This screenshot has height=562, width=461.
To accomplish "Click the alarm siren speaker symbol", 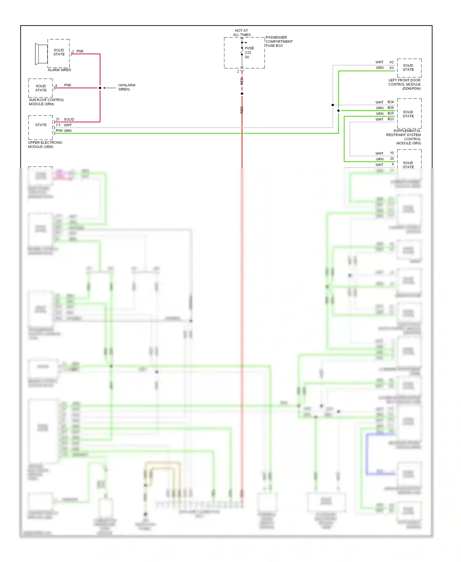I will pos(41,54).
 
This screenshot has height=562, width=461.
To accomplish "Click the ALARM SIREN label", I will pos(59,70).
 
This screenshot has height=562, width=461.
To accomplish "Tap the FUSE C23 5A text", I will pos(249,53).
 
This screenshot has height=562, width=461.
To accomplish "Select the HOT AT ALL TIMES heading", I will pos(242,33).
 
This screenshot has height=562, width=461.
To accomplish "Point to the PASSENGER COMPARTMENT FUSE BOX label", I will pos(279,42).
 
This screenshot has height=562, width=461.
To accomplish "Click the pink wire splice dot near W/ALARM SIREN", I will pos(100,88).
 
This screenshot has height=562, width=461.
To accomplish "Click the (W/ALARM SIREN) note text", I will pos(126,87).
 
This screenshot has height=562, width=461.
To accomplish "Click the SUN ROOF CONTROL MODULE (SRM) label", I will pos(46,102).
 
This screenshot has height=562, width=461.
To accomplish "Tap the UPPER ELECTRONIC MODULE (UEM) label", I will pos(45,145).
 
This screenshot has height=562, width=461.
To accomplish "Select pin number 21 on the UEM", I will pos(57,119).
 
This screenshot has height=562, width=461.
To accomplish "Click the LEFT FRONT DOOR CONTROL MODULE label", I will pos(404,84).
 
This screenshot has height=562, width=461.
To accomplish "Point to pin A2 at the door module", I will pos(392,62).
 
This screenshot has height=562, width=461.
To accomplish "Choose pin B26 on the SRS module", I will pos(391,108).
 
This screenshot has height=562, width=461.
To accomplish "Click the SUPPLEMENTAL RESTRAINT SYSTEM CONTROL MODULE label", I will pos(404,137).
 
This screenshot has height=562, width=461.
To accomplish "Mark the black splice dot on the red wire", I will pos(242,93).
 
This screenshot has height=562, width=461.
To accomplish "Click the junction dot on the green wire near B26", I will pos(338,111).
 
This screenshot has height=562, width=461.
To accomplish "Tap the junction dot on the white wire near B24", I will pos(333,105).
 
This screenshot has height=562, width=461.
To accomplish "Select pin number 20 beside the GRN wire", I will pos(392,159).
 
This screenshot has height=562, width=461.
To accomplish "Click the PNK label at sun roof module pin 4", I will pos(68,85).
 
